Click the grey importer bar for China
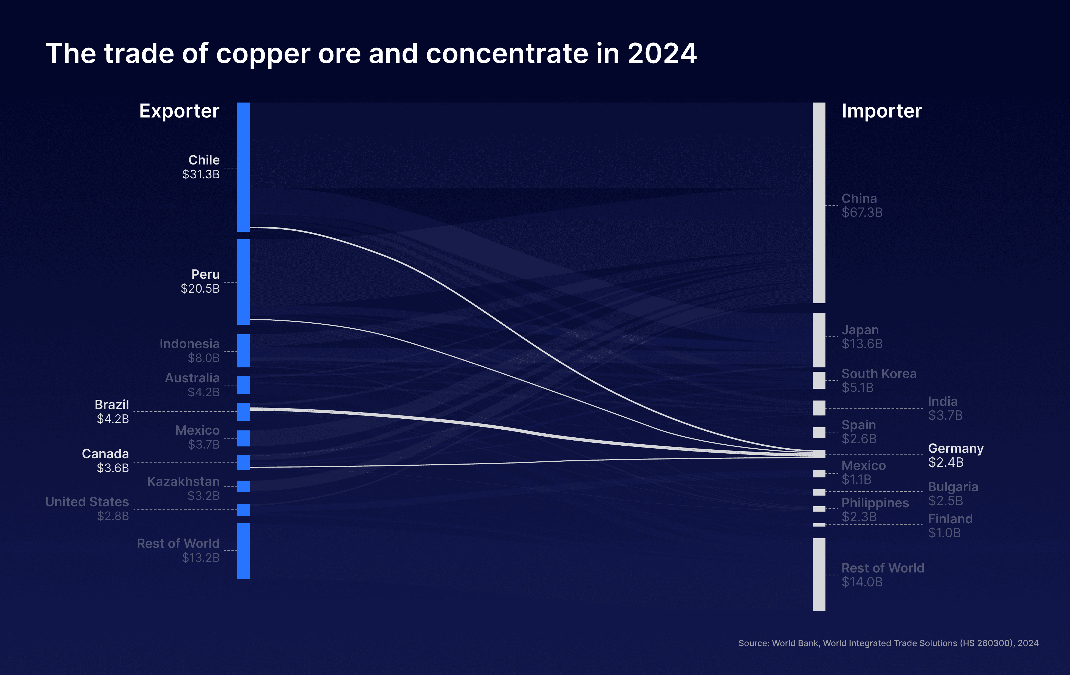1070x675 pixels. pos(819,203)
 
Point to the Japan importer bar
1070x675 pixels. pos(819,340)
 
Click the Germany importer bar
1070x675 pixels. pos(819,454)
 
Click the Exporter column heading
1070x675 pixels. pos(179,111)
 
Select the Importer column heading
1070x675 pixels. pos(882,111)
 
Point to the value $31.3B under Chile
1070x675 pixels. pos(201,174)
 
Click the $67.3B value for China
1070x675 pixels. pos(862,213)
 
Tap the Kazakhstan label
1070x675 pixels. pos(183,482)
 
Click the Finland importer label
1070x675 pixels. pos(950,519)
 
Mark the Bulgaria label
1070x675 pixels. pos(953,487)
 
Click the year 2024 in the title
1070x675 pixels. pos(662,54)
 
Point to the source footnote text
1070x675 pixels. pos(888,643)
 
